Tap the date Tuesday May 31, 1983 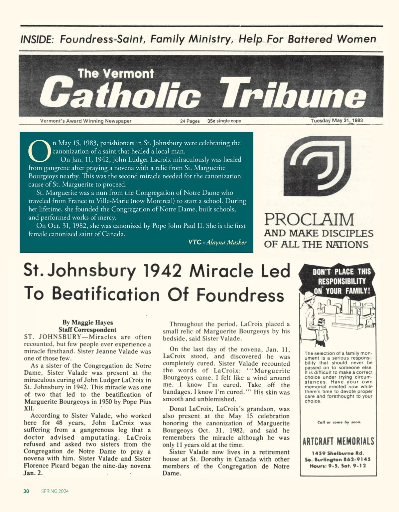336,121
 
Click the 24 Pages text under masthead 190,121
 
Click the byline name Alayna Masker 226,242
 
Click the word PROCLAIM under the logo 309,220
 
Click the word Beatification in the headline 108,294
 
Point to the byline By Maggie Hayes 87,322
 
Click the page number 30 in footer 27,491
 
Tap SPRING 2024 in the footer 55,491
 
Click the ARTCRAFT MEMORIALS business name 338,442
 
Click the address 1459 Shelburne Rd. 338,453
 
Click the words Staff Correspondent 87,330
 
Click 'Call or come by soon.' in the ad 339,422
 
